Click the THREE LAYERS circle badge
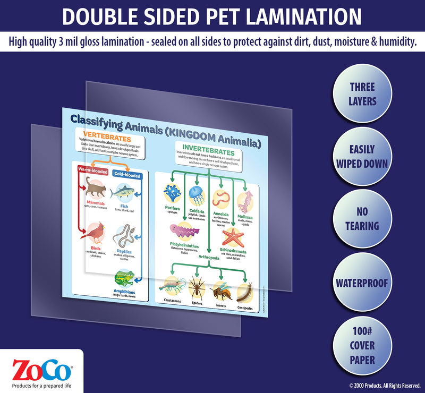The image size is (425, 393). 362,93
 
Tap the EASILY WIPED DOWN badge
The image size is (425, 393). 362,156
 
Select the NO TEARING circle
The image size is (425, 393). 362,219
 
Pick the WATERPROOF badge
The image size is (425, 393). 362,282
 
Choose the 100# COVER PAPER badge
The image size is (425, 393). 362,345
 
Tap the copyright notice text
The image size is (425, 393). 384,386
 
